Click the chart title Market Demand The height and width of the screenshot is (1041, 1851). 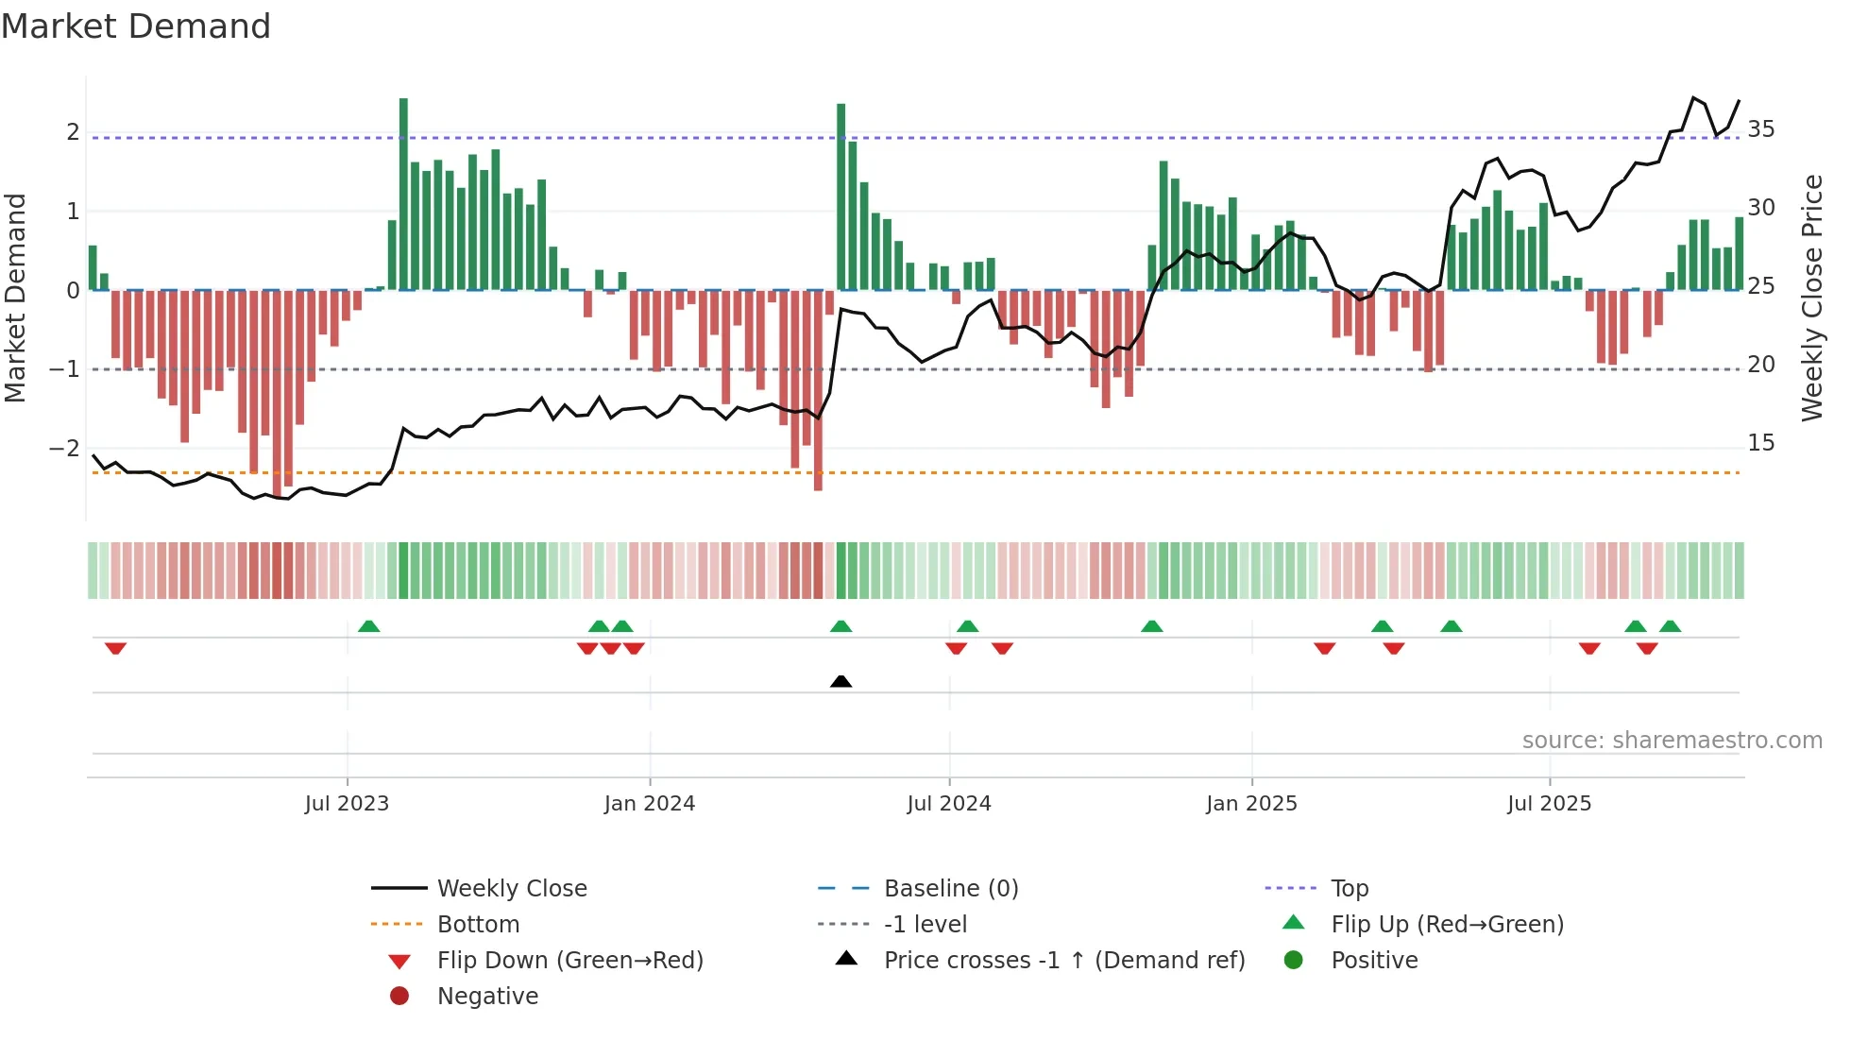136,26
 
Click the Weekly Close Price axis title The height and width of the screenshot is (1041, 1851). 1811,298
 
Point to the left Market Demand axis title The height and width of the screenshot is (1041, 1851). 15,298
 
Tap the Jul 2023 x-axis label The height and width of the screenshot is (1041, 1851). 347,804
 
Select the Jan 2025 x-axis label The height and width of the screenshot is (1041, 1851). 1251,804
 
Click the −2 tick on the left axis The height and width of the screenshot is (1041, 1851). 64,448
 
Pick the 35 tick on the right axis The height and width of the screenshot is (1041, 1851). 1760,128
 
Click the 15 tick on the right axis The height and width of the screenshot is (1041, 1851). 1760,442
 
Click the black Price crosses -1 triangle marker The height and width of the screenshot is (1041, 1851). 841,681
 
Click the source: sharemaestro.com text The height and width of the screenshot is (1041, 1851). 1672,740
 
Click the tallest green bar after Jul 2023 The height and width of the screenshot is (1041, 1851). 403,194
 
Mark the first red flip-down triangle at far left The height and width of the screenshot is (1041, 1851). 115,648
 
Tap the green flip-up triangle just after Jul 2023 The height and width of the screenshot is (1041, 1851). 369,626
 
